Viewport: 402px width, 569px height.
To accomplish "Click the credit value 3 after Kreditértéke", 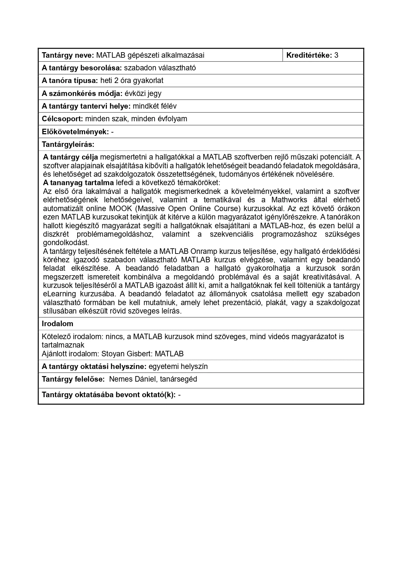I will tap(336, 55).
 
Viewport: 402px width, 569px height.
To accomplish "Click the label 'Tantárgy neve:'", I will tap(68, 55).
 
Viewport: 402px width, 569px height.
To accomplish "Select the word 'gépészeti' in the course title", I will tap(143, 55).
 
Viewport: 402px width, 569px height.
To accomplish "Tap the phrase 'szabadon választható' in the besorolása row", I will tap(160, 68).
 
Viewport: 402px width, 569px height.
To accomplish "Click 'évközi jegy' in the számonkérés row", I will tap(143, 93).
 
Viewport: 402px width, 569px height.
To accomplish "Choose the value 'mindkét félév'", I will tap(155, 106).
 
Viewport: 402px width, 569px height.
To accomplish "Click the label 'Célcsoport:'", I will tap(63, 119).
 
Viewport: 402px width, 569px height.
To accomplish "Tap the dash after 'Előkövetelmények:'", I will tap(112, 132).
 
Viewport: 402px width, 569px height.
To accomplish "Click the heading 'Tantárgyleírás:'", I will tap(68, 144).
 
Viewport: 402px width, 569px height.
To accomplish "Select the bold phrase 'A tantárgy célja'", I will tap(71, 157).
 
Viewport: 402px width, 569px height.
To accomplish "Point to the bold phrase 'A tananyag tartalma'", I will tap(78, 183).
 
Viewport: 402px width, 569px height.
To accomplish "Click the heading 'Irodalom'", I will tap(57, 324).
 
